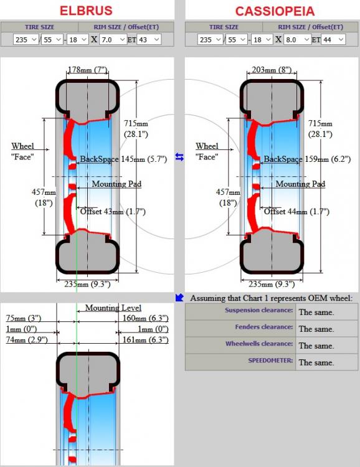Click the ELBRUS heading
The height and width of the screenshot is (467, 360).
(x=86, y=11)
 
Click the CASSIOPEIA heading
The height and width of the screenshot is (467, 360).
(x=275, y=11)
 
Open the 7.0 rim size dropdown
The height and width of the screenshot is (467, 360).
(x=113, y=39)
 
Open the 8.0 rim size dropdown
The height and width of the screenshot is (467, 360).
(x=298, y=39)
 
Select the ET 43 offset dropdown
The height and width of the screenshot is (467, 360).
(x=149, y=39)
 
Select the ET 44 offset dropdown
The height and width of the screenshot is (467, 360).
(x=333, y=39)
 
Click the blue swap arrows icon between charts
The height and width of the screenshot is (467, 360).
(x=179, y=157)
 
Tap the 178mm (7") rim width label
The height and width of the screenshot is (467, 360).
(x=87, y=70)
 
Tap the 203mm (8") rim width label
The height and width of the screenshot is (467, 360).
(x=272, y=70)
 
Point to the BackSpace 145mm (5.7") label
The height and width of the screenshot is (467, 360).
(x=123, y=159)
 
